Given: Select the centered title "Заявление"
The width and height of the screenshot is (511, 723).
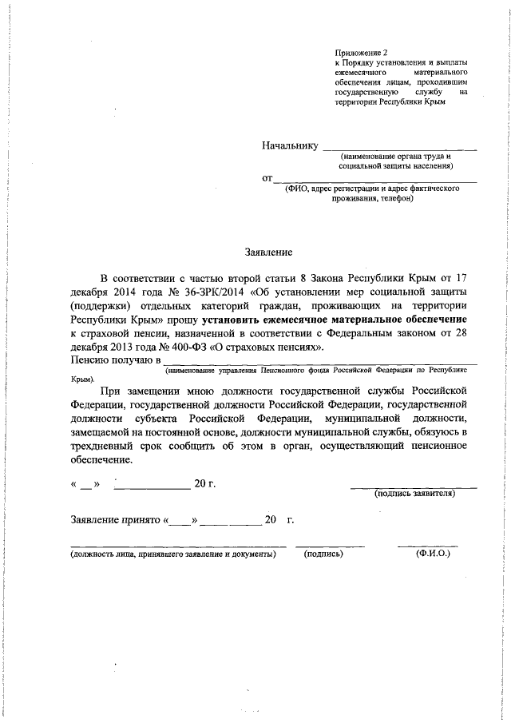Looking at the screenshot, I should pyautogui.click(x=267, y=252).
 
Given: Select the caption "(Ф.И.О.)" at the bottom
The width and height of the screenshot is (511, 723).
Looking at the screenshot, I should pyautogui.click(x=433, y=553).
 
